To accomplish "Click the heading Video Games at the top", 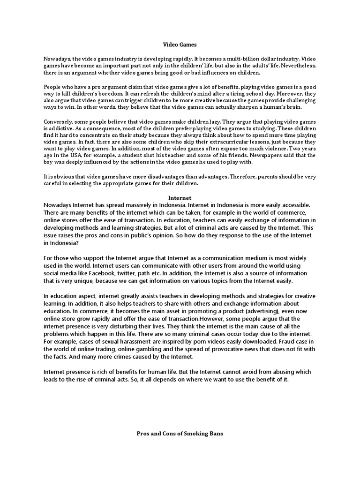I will click(180, 45).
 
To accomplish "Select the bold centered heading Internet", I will click(180, 198).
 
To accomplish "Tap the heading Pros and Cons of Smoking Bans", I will click(180, 434).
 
